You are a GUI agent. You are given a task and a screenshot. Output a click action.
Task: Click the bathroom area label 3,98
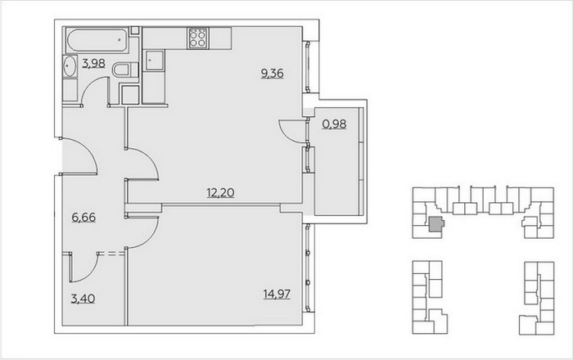(x=93, y=64)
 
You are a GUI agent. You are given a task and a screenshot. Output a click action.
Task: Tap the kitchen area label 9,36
(x=273, y=74)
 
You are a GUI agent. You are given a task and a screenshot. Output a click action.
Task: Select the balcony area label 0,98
(x=334, y=124)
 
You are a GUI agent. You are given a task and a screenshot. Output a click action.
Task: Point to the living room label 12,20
(x=220, y=192)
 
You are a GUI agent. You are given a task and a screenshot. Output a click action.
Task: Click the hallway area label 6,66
(x=83, y=218)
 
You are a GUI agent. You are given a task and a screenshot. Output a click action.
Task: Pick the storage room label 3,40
(x=83, y=299)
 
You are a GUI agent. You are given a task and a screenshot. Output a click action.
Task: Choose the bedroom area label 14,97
(x=277, y=294)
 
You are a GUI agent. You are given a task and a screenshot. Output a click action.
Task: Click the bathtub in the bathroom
(x=97, y=40)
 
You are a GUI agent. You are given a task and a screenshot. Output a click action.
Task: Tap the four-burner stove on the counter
(x=198, y=38)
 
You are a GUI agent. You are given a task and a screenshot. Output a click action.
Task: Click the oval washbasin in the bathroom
(x=70, y=66)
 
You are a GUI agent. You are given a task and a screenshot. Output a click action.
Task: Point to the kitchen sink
(x=154, y=61)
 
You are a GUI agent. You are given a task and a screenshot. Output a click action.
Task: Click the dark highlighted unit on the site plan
(x=435, y=224)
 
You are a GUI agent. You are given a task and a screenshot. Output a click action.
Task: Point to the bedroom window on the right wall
(x=308, y=268)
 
